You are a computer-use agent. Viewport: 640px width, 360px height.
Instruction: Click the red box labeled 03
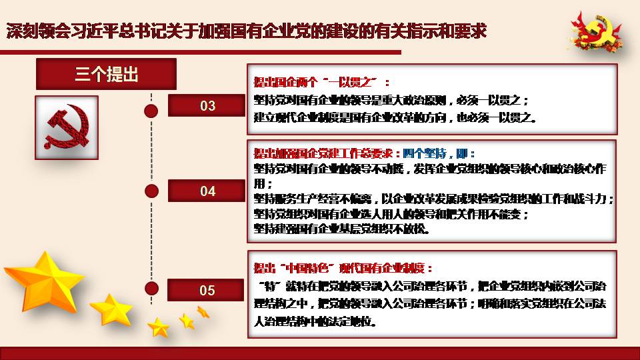207,105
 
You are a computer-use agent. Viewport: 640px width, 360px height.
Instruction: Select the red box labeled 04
207,191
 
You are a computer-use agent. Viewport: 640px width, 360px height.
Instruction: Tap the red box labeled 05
206,290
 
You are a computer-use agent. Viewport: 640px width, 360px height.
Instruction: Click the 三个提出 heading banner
106,74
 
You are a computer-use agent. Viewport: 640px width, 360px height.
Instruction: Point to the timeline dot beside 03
151,111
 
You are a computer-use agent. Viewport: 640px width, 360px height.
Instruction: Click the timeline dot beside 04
151,191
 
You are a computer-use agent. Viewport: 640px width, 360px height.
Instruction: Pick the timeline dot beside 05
151,288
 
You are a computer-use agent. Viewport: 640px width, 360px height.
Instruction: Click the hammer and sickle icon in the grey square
67,127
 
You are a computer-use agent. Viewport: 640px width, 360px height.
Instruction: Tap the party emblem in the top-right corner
596,32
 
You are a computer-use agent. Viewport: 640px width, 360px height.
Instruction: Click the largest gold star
44,281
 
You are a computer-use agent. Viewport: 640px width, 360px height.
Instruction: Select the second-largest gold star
111,310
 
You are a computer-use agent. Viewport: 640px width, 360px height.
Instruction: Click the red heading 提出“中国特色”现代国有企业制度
343,268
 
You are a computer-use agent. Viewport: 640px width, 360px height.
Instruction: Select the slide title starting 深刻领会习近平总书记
247,31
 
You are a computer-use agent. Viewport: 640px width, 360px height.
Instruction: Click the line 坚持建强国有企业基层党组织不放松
341,229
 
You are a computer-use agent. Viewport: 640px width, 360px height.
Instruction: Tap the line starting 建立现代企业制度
395,117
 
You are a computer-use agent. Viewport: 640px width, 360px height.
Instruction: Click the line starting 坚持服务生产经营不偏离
434,199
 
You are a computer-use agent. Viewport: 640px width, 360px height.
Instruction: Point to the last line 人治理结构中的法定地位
315,321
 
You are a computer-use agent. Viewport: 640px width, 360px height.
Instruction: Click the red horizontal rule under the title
201,52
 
